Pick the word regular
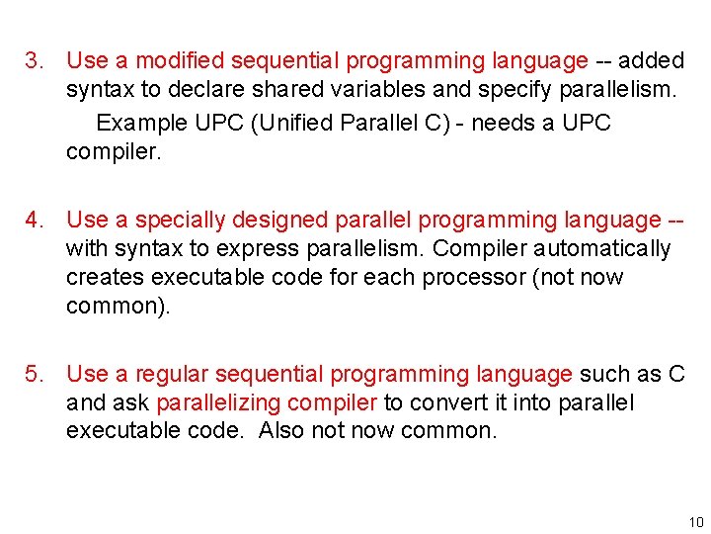(x=172, y=375)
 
